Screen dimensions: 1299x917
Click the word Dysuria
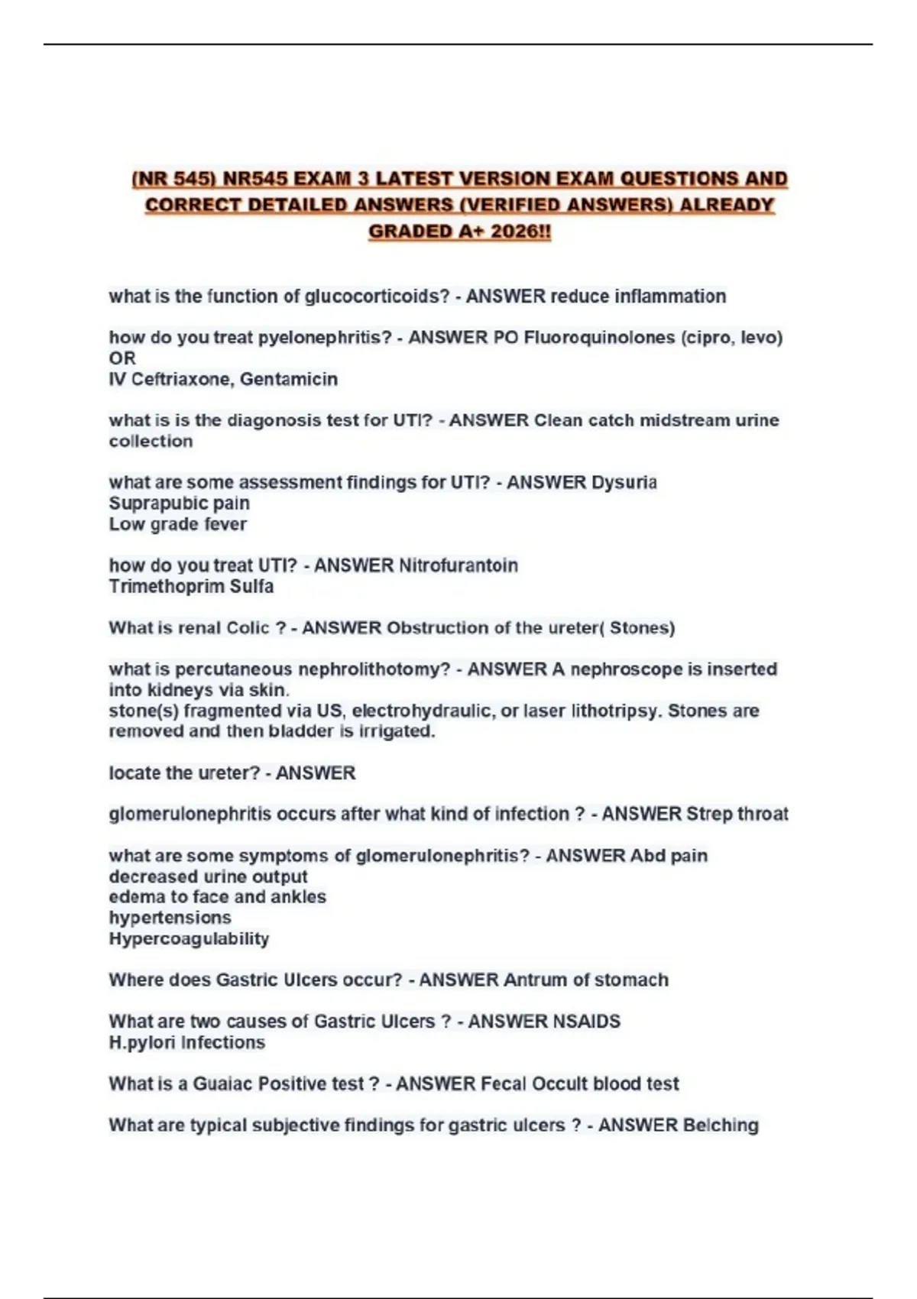[x=624, y=483]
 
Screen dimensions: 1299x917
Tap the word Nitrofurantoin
[x=458, y=566]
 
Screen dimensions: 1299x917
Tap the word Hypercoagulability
[x=189, y=939]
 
